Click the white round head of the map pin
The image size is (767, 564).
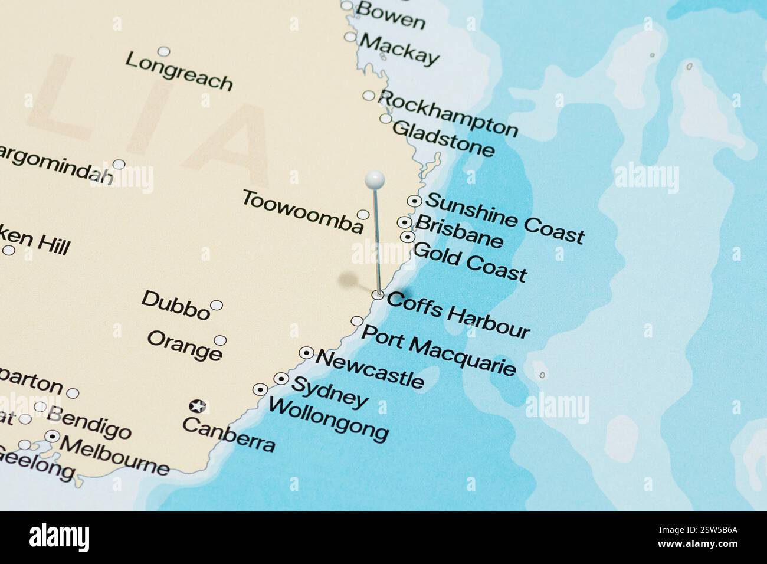[375, 178]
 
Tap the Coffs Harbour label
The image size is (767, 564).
[458, 315]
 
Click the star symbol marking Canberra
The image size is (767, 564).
[197, 406]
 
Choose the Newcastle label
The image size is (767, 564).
[370, 369]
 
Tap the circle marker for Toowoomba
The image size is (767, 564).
[363, 214]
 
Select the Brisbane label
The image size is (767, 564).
[460, 231]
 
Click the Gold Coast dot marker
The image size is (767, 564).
[407, 237]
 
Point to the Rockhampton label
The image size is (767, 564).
[448, 114]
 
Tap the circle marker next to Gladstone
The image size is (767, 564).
[385, 119]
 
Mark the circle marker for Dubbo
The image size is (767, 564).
[217, 305]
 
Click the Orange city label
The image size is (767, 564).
[185, 346]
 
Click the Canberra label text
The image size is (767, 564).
[228, 434]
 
